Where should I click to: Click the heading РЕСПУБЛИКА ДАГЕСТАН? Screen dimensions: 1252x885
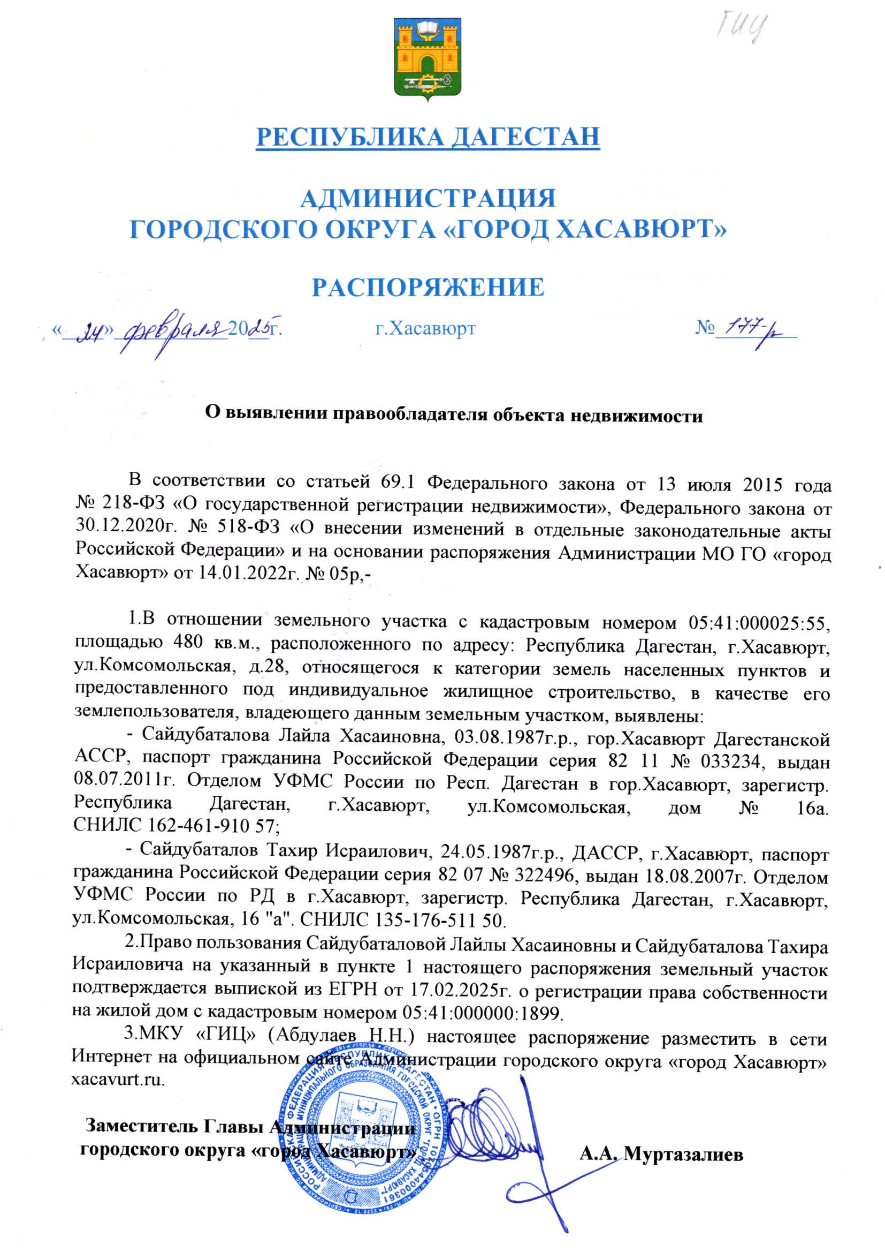(x=428, y=137)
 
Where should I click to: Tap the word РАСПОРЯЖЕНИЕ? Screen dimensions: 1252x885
(x=428, y=287)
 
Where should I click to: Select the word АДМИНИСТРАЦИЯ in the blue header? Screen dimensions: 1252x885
(x=428, y=199)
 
